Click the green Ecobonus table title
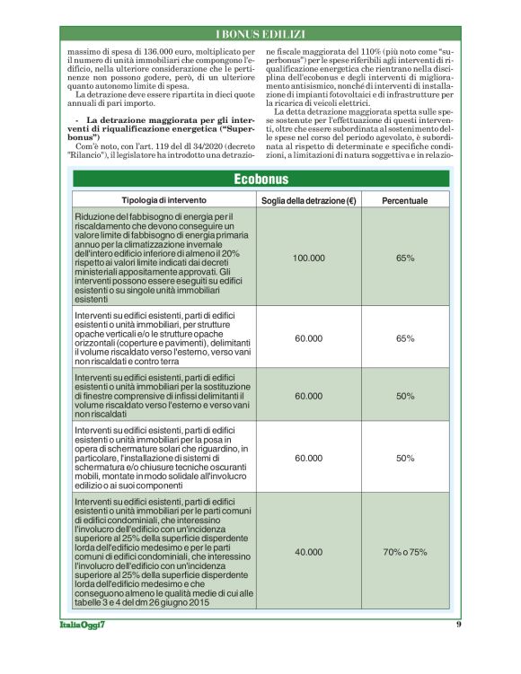(x=260, y=179)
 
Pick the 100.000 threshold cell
(x=309, y=258)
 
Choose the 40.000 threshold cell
(x=309, y=551)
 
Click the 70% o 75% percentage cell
(x=405, y=551)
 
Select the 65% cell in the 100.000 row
(x=405, y=258)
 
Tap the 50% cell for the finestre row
(x=405, y=395)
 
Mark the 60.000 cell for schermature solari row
(x=309, y=458)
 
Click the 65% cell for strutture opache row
(x=405, y=338)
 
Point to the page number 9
(x=458, y=624)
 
